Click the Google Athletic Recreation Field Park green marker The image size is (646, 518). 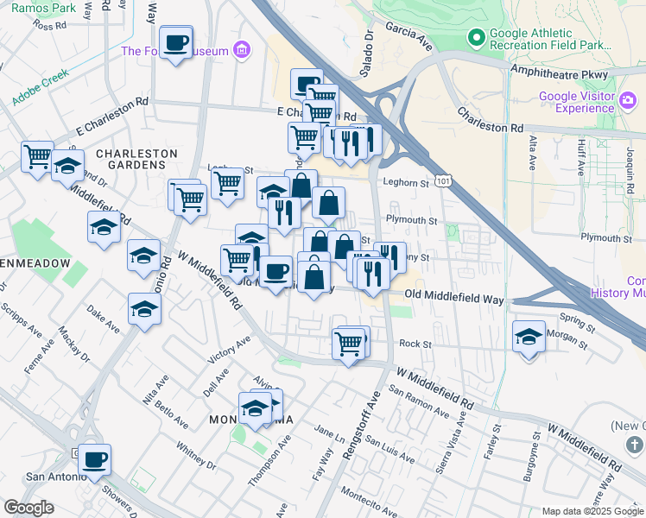click(474, 38)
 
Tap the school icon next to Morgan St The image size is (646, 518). click(528, 337)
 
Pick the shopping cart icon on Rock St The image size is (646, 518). click(348, 343)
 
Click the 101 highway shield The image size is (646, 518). click(442, 182)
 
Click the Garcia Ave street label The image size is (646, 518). click(408, 40)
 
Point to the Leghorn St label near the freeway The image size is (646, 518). click(406, 183)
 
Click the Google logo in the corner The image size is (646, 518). click(28, 508)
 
